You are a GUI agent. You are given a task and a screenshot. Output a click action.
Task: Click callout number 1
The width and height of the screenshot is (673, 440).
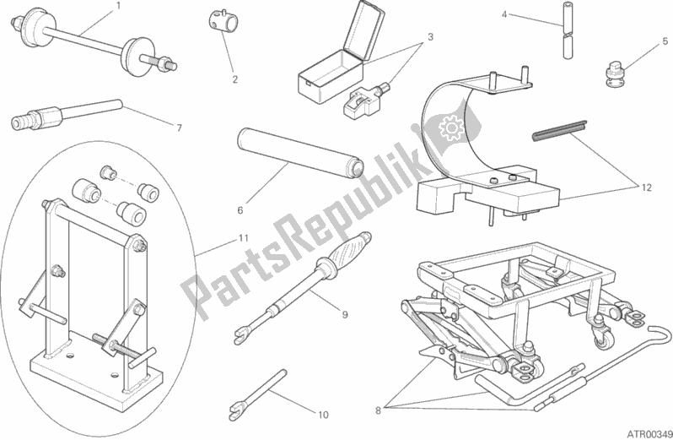coord(119,6)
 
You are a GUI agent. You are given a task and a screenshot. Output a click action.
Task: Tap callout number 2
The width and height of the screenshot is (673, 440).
coord(234,79)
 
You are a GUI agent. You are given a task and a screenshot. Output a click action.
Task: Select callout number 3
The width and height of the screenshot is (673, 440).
coord(430,37)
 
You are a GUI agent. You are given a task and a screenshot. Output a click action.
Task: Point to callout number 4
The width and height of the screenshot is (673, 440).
coord(504,14)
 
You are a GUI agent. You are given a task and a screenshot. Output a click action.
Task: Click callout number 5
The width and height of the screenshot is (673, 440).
coord(665,41)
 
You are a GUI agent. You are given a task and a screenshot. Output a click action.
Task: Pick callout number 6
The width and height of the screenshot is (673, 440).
coord(240,210)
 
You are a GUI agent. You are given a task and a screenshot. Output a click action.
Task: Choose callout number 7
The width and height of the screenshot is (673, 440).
coord(180,128)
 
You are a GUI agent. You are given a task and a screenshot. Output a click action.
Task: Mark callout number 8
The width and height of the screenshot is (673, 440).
coord(378,410)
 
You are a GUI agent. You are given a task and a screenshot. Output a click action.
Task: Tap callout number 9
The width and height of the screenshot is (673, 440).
coord(345,314)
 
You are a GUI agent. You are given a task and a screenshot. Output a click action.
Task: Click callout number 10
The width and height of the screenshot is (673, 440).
coord(323,415)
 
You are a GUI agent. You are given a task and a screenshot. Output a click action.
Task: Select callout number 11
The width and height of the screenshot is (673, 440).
coord(244,238)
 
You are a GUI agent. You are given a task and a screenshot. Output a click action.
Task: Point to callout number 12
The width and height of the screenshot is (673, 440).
coord(647,187)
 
